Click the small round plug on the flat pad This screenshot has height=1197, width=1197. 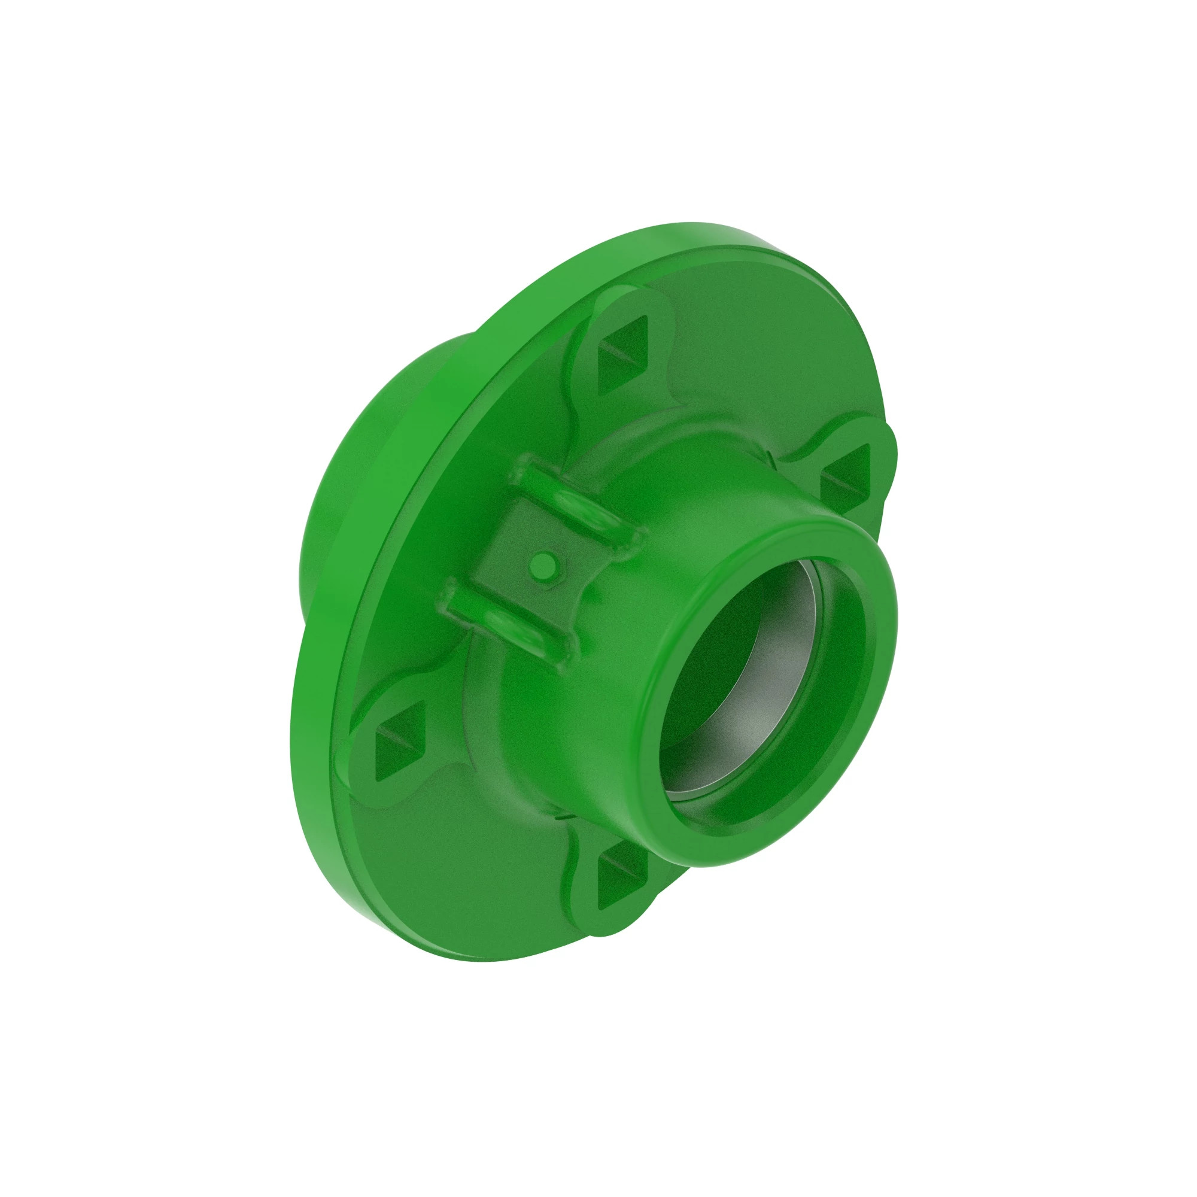[x=545, y=563]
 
